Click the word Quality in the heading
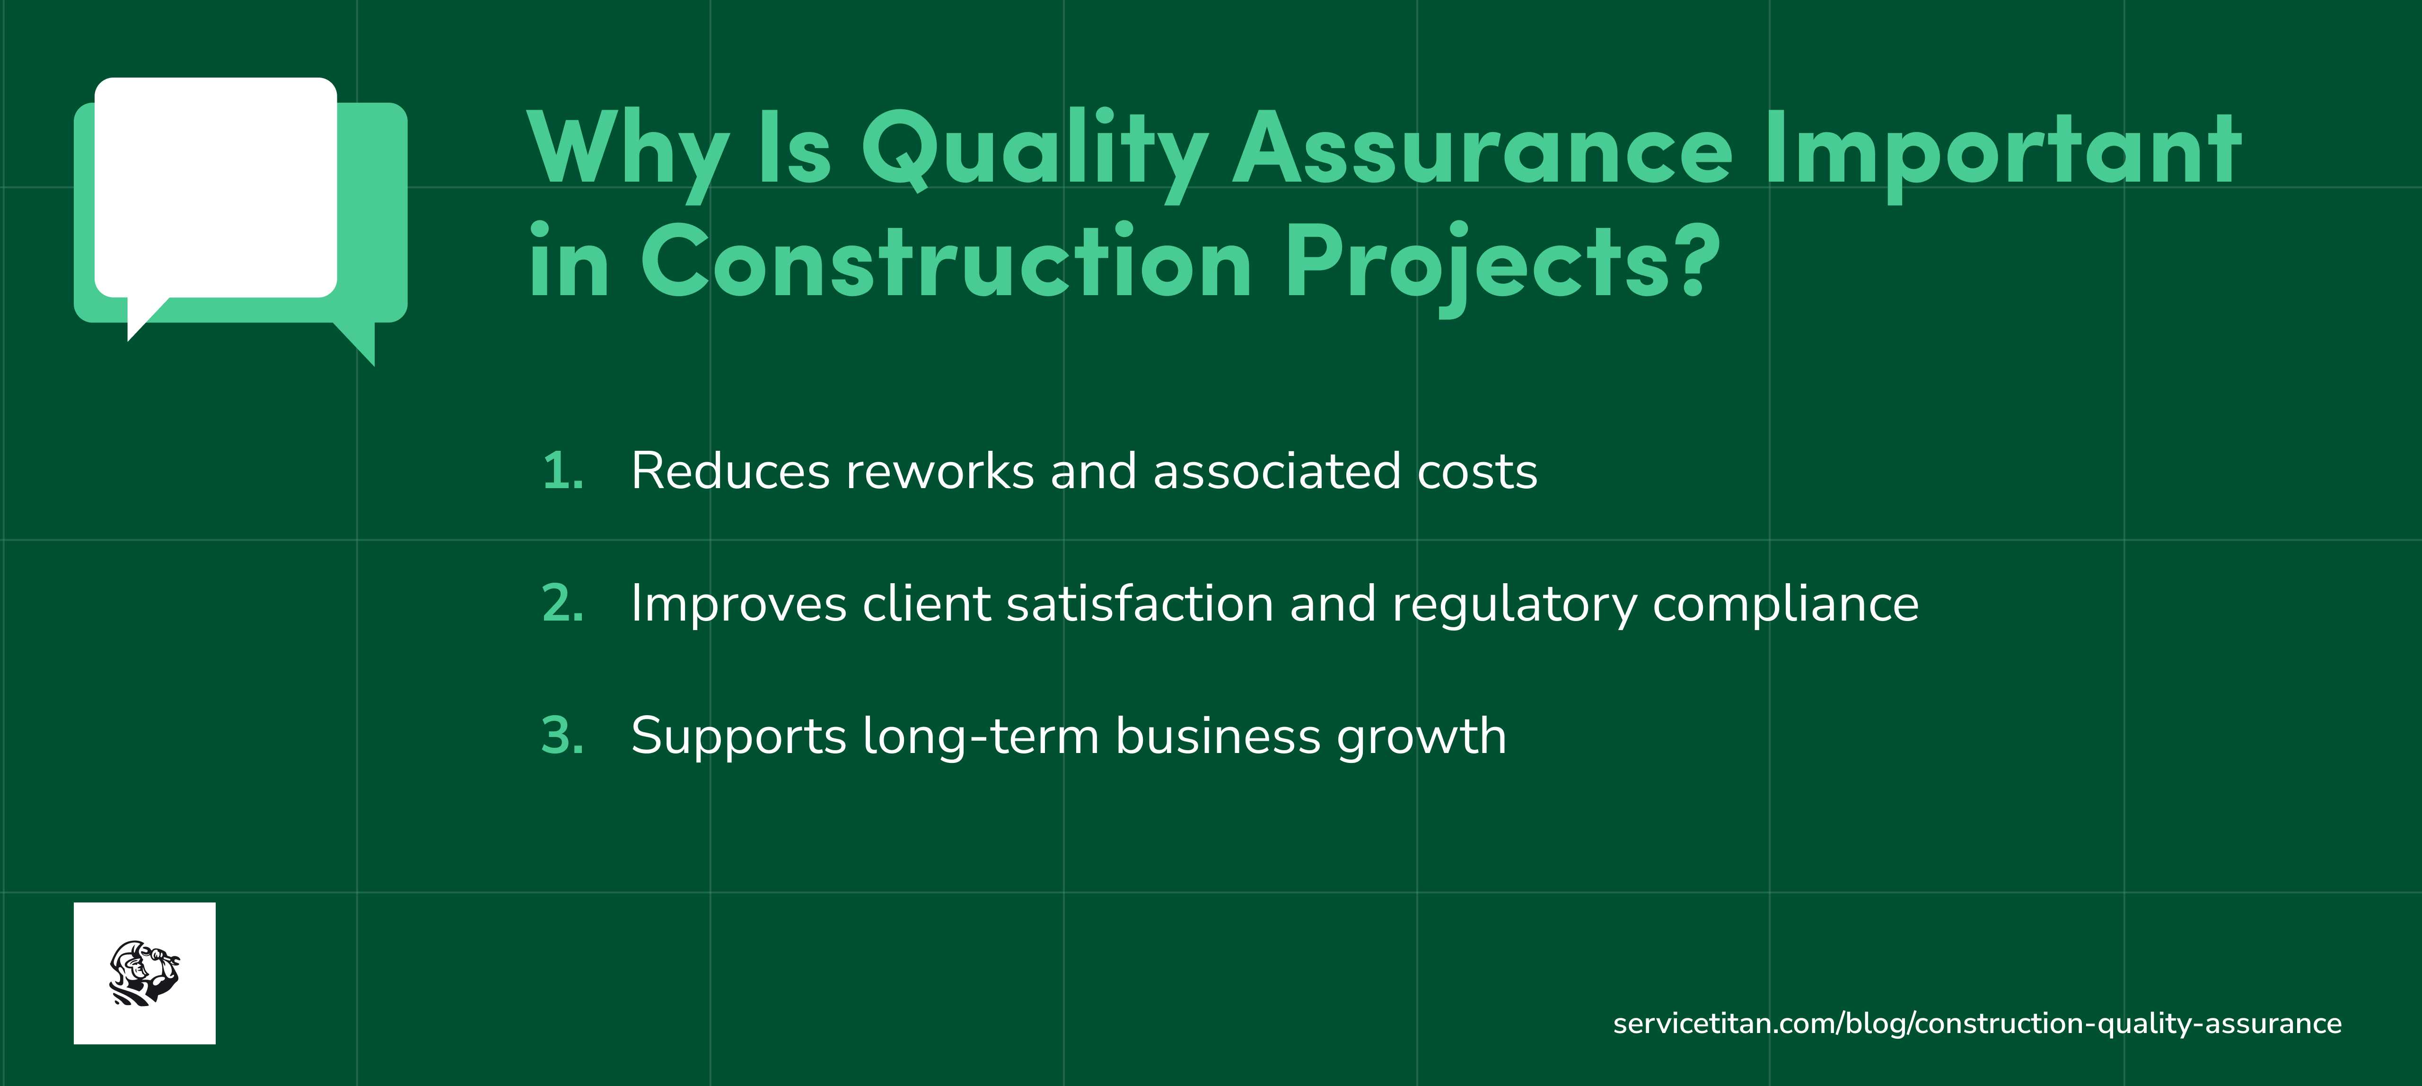pyautogui.click(x=1034, y=150)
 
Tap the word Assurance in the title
pyautogui.click(x=1483, y=150)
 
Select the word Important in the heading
pyautogui.click(x=2003, y=150)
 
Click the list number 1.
pyautogui.click(x=562, y=471)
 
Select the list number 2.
pyautogui.click(x=562, y=604)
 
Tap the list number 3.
pyautogui.click(x=562, y=736)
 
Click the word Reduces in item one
pyautogui.click(x=729, y=471)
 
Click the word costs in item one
pyautogui.click(x=1476, y=471)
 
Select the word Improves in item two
pyautogui.click(x=738, y=604)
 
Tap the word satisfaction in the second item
pyautogui.click(x=1140, y=604)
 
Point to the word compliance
pyautogui.click(x=1784, y=604)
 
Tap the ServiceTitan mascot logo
pyautogui.click(x=145, y=973)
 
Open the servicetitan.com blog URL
pyautogui.click(x=1976, y=1023)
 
